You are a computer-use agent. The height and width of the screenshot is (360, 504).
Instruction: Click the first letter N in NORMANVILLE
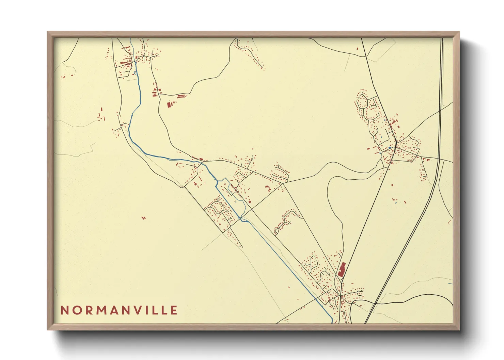click(64, 310)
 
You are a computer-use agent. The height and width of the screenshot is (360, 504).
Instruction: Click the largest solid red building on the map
click(342, 270)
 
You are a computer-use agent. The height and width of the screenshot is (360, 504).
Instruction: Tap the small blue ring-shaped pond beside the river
click(136, 72)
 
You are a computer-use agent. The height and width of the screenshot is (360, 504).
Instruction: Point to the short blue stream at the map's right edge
click(450, 283)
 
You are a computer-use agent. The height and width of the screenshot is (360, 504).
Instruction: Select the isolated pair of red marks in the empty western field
click(143, 218)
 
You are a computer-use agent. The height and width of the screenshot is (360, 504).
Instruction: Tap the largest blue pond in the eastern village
click(390, 148)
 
